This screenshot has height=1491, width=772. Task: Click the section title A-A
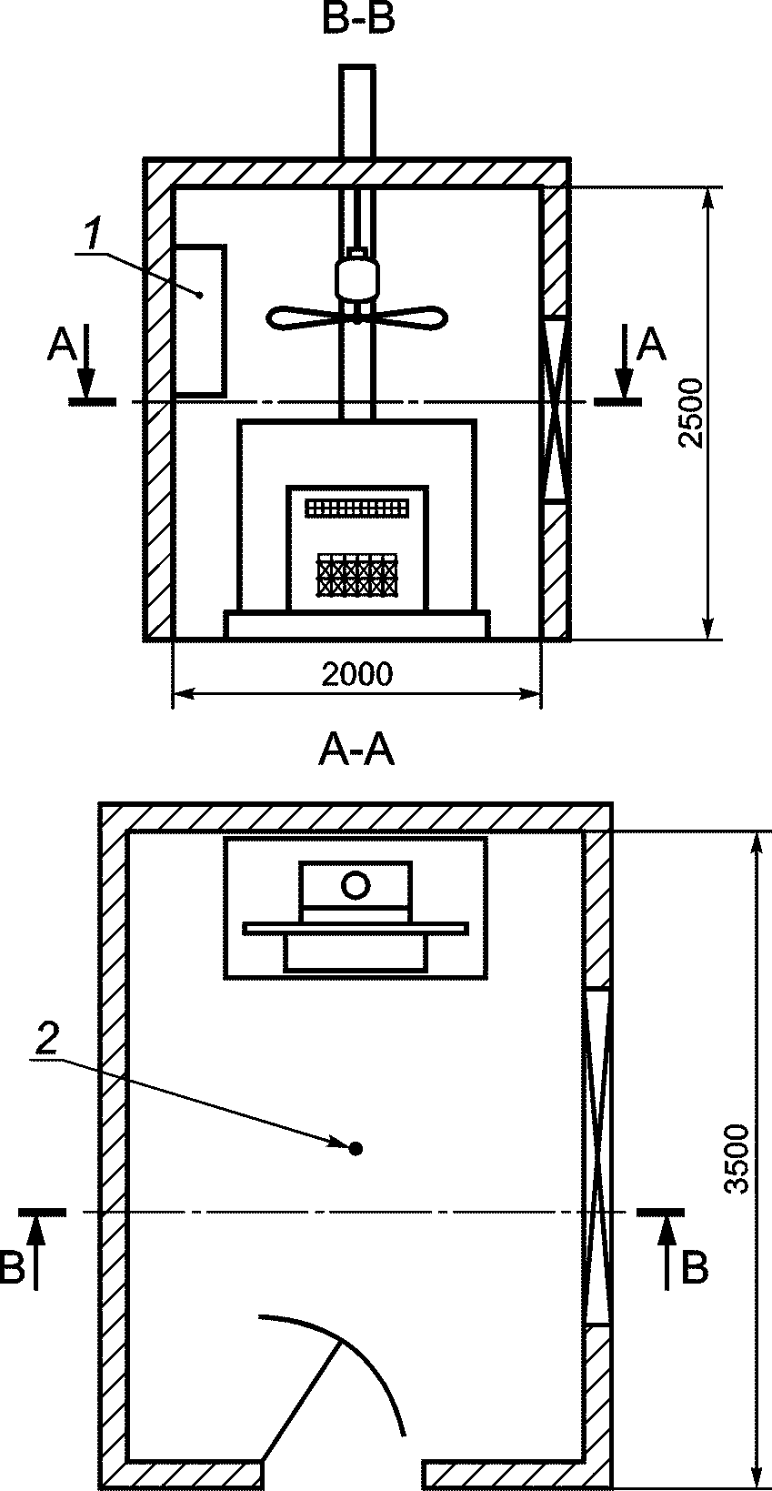pos(357,751)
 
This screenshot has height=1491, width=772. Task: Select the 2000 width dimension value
pos(357,674)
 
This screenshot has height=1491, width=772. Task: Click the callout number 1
pos(92,235)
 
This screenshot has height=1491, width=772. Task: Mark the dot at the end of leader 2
pos(356,1149)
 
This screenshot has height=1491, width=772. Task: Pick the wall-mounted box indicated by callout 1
pos(200,320)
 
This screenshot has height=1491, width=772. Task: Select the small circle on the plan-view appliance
pos(356,883)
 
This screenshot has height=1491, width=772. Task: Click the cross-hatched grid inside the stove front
pos(356,576)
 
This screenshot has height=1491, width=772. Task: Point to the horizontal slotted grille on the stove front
pos(356,508)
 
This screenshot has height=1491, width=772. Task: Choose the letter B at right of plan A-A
pos(695,1268)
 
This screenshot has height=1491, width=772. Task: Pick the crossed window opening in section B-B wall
pos(555,408)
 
